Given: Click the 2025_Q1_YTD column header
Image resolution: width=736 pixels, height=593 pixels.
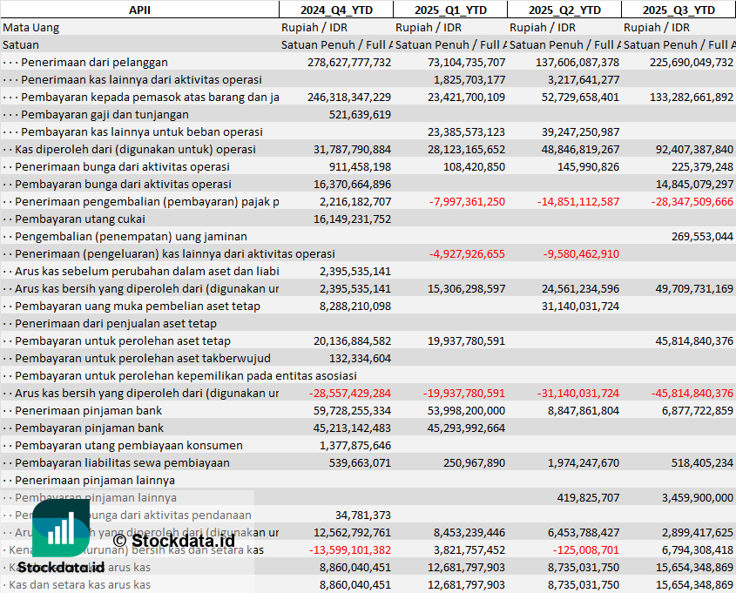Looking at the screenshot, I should pos(449,10).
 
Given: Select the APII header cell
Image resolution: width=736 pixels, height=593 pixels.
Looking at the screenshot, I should pos(138,10).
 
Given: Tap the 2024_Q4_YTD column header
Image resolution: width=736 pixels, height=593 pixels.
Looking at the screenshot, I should pos(335,10).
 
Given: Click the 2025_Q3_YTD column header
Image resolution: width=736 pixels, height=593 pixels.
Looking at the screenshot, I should pos(679,10).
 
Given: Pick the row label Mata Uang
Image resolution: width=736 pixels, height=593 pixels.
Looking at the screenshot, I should pos(31,27).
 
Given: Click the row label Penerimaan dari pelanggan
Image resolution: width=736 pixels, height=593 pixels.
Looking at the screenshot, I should pos(94,62).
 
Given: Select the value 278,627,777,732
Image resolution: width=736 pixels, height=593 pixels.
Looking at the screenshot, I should pos(349,62).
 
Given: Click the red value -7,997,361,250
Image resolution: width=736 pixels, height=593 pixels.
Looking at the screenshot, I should pos(467,201).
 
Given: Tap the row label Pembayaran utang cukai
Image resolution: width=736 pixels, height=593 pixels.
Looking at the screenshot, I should pos(81,219).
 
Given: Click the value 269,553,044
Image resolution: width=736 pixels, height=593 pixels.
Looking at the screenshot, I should pos(703,236).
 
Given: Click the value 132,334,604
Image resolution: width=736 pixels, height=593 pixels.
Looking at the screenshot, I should pos(360,358).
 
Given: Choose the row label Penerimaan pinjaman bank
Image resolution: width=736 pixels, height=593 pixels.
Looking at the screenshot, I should pos(89,410).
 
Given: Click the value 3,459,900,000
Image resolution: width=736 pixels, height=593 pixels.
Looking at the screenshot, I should pos(696,497).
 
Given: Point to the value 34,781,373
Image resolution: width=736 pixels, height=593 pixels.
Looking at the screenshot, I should pos(363,515).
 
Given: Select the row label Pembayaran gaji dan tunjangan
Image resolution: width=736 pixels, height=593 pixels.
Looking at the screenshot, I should pos(105,114).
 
